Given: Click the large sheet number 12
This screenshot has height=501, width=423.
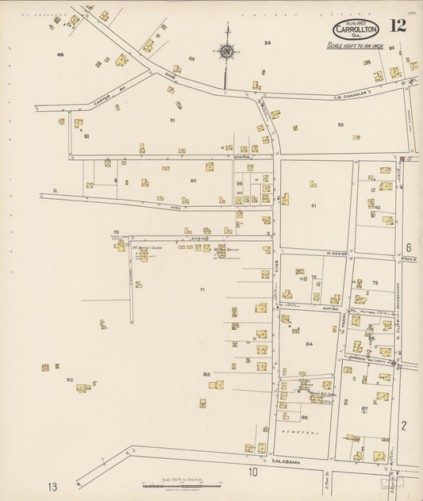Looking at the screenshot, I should point(398,25).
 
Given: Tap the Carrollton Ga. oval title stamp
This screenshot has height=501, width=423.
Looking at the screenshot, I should point(356,29).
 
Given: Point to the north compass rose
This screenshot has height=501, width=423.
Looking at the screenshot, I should point(226,52).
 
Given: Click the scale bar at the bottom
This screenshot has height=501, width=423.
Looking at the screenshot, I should point(182,484).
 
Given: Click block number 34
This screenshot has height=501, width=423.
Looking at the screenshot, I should point(267,43).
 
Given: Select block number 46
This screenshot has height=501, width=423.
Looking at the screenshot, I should point(60,55).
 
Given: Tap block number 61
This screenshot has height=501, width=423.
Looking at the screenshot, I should point(313,206).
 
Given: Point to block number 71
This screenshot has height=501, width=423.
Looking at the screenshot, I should point(202,290).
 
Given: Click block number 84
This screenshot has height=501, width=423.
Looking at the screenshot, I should point(309,344).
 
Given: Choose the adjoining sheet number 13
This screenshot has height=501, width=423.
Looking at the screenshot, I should point(52,486).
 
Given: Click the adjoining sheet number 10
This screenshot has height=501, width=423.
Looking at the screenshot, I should point(252,473).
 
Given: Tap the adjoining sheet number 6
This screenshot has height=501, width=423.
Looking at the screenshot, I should point(409,247).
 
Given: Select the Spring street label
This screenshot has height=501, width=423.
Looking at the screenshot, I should point(241,157).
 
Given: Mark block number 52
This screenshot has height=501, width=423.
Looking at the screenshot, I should point(340,125).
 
